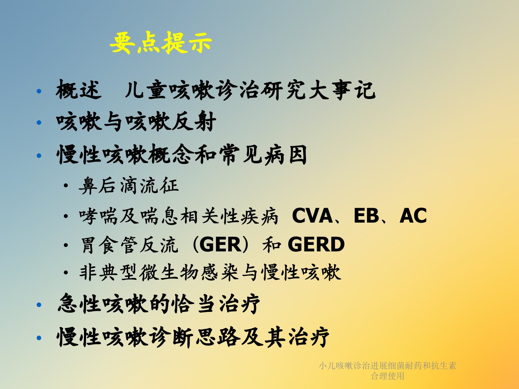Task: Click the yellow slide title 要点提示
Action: (x=161, y=43)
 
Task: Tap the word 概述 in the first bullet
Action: (x=79, y=90)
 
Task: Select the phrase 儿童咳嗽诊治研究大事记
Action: (x=250, y=90)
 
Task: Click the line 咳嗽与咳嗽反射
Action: (x=136, y=121)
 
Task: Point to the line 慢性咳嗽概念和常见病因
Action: (x=182, y=155)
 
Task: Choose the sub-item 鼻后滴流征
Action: (x=129, y=185)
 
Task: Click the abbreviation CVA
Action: (x=312, y=215)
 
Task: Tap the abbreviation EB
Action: (x=366, y=215)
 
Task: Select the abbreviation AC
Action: (x=413, y=215)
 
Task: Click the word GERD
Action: (x=316, y=245)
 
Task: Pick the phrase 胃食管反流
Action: (x=129, y=245)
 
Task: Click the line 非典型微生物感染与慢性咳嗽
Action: (x=210, y=273)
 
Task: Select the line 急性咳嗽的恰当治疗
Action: (x=159, y=304)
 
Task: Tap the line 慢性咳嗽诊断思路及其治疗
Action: (x=193, y=337)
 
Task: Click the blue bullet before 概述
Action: (x=39, y=91)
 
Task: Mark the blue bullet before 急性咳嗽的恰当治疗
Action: (x=39, y=305)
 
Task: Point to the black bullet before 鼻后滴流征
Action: (x=66, y=185)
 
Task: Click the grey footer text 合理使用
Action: (x=387, y=376)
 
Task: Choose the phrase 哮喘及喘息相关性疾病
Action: (x=179, y=216)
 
